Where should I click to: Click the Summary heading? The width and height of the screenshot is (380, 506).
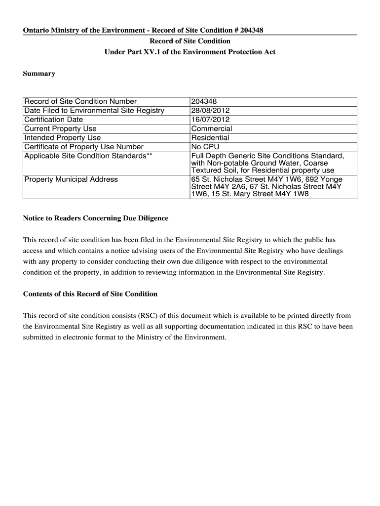[x=39, y=74]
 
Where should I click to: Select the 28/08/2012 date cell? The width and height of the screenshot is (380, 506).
[x=210, y=111]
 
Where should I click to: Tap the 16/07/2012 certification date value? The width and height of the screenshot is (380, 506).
[x=210, y=120]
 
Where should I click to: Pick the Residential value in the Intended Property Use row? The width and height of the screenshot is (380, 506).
[x=210, y=138]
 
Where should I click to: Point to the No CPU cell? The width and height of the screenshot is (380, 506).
[x=205, y=147]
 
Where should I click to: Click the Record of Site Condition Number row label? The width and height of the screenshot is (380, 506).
[x=80, y=102]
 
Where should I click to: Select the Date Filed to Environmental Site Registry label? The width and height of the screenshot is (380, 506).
[x=94, y=111]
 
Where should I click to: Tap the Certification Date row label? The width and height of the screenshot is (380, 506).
[x=54, y=120]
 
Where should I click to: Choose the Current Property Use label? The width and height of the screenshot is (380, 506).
[x=60, y=128]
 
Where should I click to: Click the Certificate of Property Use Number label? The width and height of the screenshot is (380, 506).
[x=84, y=147]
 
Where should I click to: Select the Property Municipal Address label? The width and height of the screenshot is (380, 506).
[x=71, y=179]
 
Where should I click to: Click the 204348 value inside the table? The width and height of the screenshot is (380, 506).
[x=203, y=102]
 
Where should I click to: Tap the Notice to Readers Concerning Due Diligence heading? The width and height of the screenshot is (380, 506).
[x=96, y=218]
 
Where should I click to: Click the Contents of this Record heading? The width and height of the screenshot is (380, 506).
[x=90, y=294]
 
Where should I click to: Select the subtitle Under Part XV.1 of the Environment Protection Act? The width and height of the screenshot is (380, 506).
[x=190, y=52]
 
